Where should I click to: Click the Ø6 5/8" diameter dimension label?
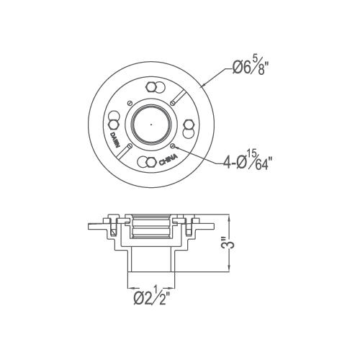pyautogui.click(x=250, y=67)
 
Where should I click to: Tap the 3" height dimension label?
pyautogui.click(x=230, y=243)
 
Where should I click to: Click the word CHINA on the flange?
pyautogui.click(x=168, y=160)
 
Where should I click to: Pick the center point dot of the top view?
pyautogui.click(x=151, y=125)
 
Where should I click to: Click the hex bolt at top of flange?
pyautogui.click(x=151, y=86)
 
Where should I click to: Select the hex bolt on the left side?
pyautogui.click(x=113, y=125)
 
